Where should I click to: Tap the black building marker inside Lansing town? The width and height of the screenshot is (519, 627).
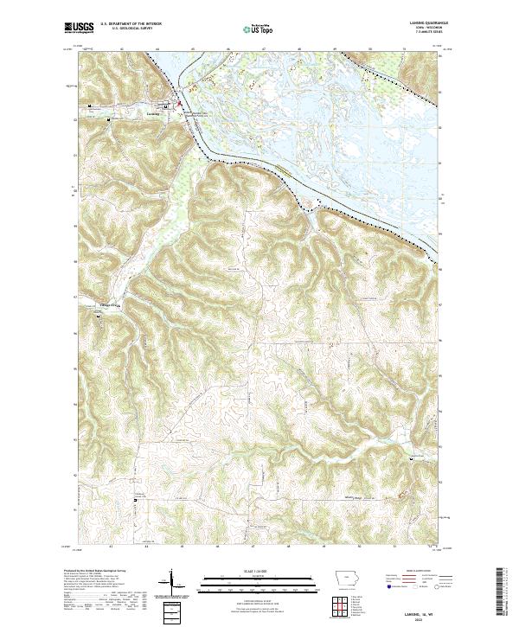93,106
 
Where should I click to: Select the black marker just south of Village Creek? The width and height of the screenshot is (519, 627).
97,317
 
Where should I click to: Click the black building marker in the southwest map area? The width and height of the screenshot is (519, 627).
135,501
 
